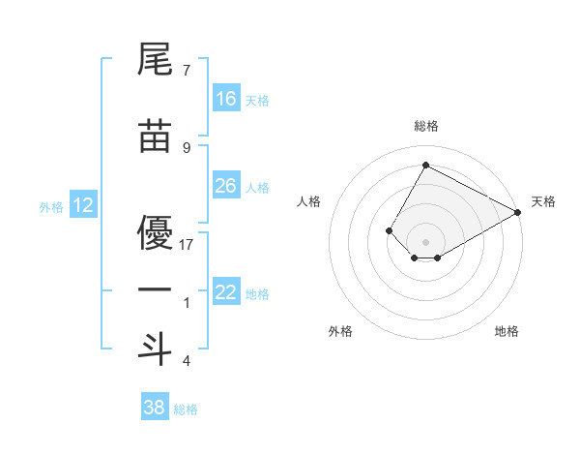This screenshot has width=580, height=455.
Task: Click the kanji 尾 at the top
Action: tap(155, 60)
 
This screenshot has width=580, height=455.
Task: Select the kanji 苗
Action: tap(155, 137)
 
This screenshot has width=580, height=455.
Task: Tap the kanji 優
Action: tap(155, 232)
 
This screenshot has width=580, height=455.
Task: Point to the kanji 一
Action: tap(155, 290)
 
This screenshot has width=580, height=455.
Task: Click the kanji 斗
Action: tap(155, 349)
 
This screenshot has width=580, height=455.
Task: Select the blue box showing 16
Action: tap(226, 99)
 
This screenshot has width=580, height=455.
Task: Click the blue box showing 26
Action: tap(226, 186)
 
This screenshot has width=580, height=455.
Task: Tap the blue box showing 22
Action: tap(226, 293)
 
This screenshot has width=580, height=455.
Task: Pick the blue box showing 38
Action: tap(155, 408)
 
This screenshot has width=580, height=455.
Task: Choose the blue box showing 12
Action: tap(82, 205)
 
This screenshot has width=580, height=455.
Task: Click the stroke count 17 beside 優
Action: tap(187, 244)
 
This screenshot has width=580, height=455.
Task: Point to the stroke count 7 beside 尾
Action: tap(187, 71)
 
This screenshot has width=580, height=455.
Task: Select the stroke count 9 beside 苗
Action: tap(187, 147)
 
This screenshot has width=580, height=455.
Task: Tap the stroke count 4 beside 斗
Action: tap(187, 361)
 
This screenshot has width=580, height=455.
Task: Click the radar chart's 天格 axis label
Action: tap(543, 201)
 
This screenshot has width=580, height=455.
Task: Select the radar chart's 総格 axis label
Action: tap(425, 126)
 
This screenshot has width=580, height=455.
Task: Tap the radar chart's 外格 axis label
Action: tap(340, 331)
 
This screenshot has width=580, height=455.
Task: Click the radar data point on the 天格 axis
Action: tap(519, 212)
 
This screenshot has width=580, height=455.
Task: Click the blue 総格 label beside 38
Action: tap(186, 409)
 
